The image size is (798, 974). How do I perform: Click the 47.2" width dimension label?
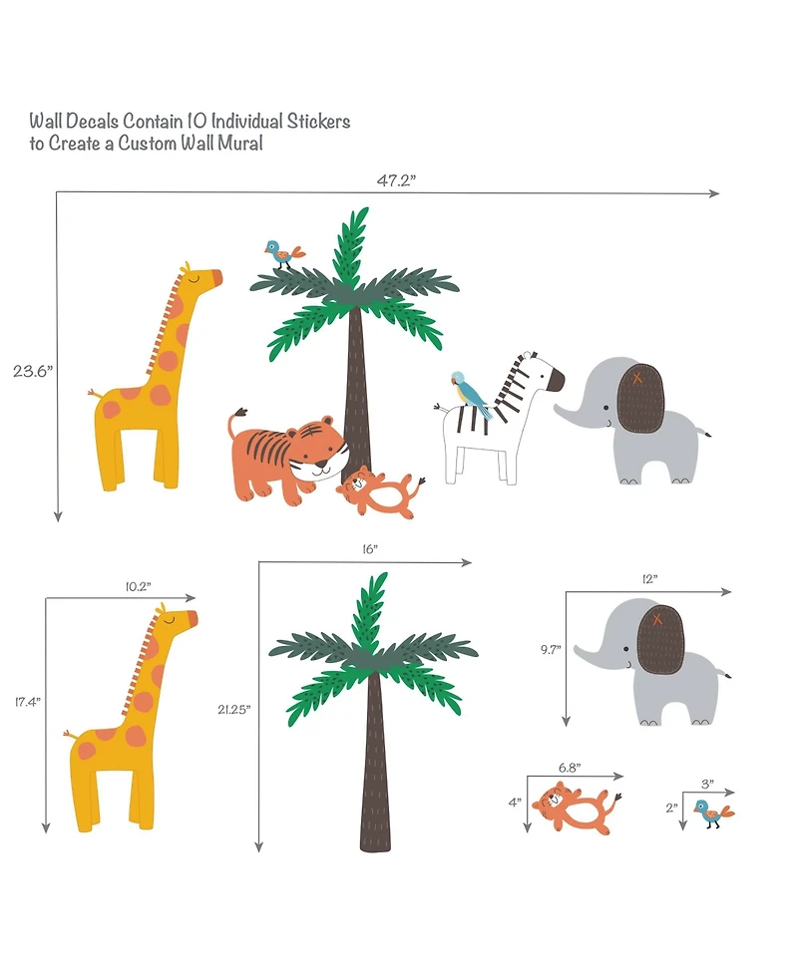(x=396, y=180)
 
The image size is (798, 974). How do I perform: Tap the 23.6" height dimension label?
(x=32, y=371)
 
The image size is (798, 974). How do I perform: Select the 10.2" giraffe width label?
(x=138, y=587)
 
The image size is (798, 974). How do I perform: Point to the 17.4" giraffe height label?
(x=26, y=703)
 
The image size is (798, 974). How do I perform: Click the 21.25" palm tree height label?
(x=235, y=710)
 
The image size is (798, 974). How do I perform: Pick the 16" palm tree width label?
(x=370, y=550)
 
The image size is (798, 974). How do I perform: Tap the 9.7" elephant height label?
(x=552, y=649)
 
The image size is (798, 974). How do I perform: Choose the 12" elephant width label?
(x=650, y=579)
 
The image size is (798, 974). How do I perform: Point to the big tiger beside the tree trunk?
(x=284, y=454)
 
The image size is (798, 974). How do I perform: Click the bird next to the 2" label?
(x=711, y=812)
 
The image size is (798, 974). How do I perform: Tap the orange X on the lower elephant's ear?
(x=657, y=620)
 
